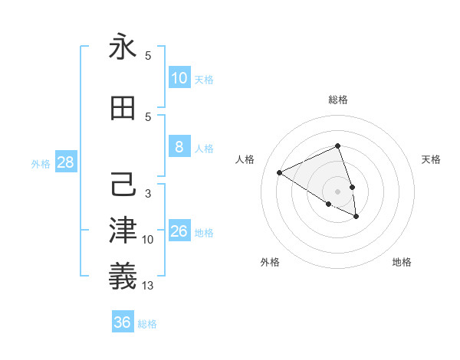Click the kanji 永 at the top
point(123,47)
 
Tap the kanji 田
point(123,108)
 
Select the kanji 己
point(123,185)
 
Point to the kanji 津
point(123,231)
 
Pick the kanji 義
point(123,277)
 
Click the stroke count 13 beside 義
point(148,286)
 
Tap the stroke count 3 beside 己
point(148,194)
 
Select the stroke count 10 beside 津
point(148,240)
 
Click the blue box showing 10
point(179,78)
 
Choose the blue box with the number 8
point(179,147)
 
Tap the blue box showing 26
point(179,231)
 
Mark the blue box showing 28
point(65,162)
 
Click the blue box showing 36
point(123,322)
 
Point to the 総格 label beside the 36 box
point(148,324)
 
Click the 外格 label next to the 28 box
point(41,163)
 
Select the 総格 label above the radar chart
point(338,100)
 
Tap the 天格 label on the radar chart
point(432,159)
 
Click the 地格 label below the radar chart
point(402,262)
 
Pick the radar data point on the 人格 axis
point(280,172)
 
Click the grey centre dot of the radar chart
point(337,191)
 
